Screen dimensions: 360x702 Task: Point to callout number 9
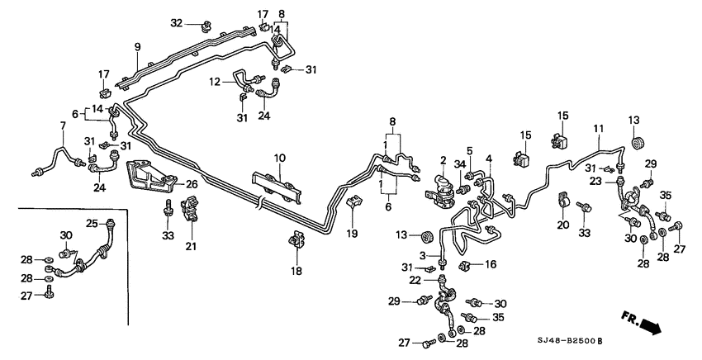pos(138,46)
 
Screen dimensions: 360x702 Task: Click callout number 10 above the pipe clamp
pos(279,157)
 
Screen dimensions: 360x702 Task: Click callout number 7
pos(61,126)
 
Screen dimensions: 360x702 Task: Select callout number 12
pos(213,82)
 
